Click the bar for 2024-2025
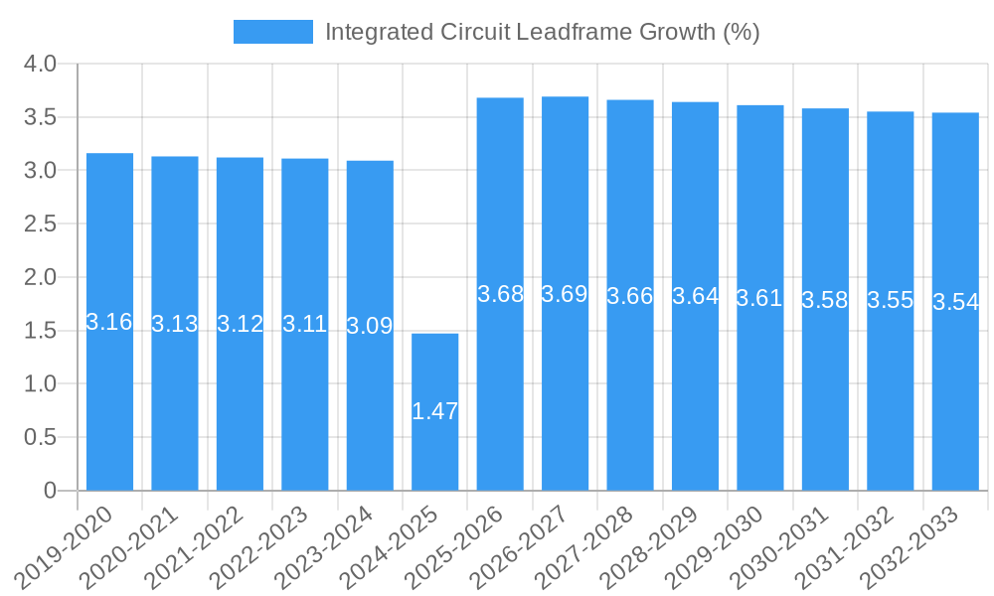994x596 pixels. [434, 411]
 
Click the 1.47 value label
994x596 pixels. [434, 411]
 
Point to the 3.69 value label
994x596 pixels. [565, 294]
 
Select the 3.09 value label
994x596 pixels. [370, 325]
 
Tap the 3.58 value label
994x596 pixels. [825, 300]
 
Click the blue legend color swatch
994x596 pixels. [272, 32]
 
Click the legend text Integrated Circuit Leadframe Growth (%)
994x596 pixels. [542, 32]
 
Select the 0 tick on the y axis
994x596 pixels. [51, 491]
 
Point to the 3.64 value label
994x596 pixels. [695, 296]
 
